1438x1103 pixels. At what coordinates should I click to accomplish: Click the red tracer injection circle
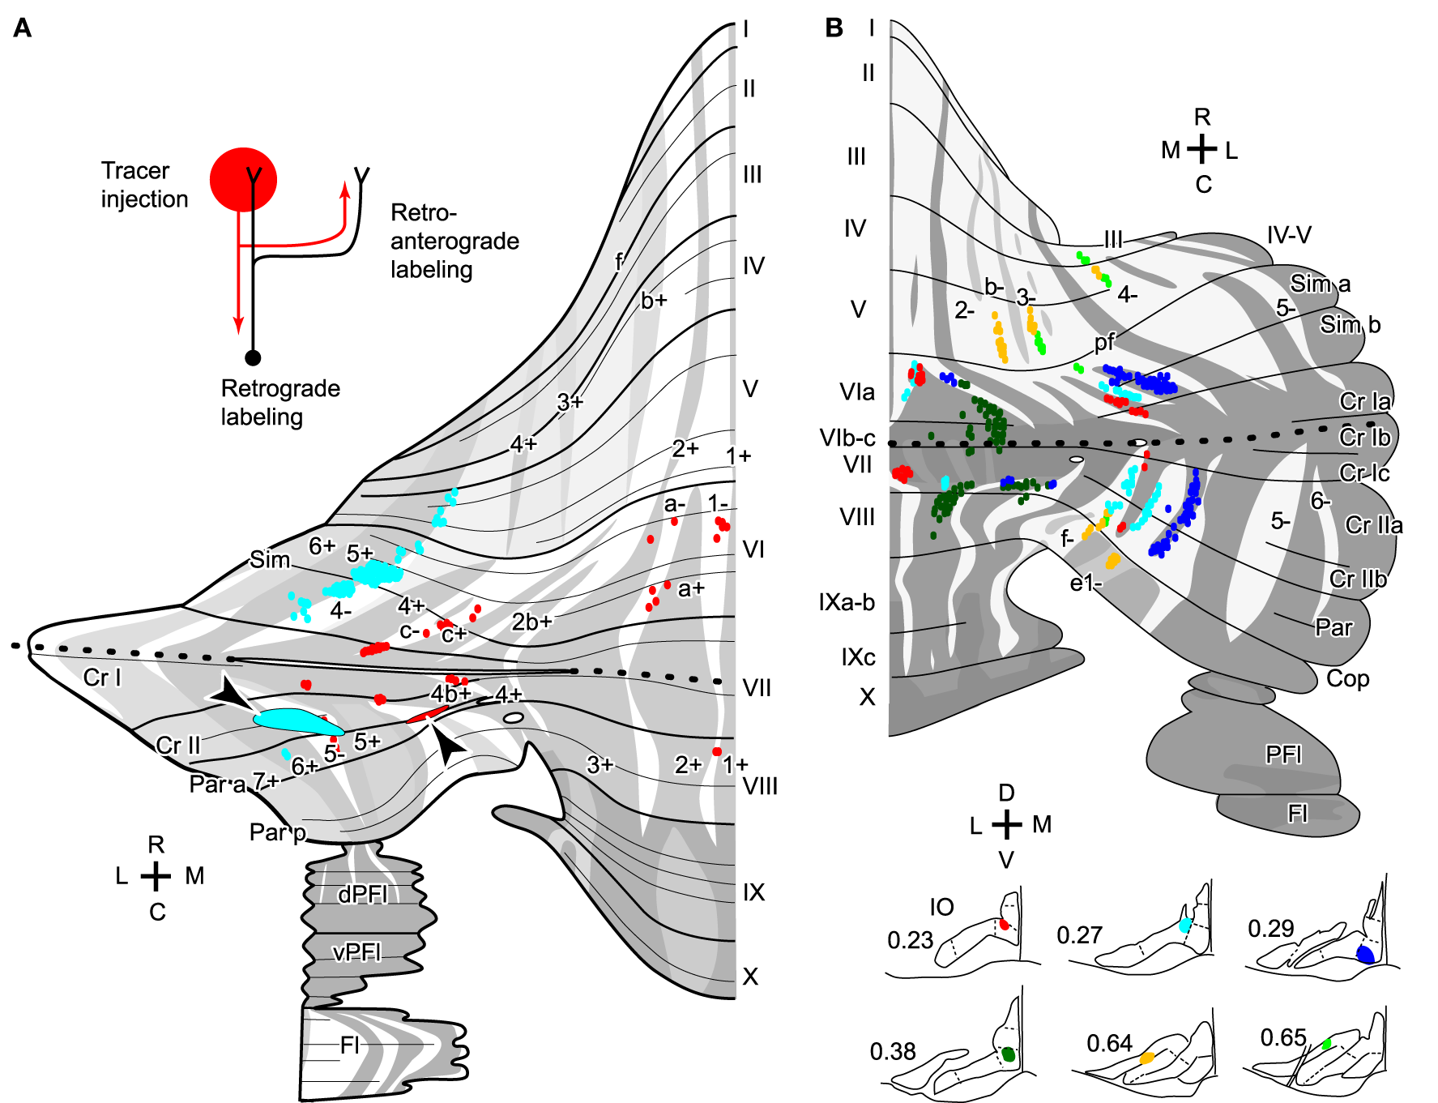click(243, 180)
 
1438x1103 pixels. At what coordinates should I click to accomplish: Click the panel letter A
click(23, 28)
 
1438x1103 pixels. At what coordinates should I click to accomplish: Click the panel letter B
click(834, 28)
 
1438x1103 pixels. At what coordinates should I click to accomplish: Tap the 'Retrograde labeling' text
click(280, 402)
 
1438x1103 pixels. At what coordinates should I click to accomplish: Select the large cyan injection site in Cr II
click(296, 720)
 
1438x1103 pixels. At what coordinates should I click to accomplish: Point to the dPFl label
click(363, 894)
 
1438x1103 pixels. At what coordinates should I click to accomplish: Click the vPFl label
click(357, 951)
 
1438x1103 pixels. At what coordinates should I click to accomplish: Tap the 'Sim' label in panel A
click(270, 560)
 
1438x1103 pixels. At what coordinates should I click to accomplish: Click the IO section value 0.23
click(910, 940)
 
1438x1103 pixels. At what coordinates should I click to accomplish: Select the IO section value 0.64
click(1109, 1043)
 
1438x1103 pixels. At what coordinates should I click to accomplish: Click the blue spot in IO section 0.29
click(1365, 954)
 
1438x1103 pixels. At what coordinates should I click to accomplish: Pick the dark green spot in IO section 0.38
click(1008, 1054)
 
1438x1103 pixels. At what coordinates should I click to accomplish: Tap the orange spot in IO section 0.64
click(1147, 1058)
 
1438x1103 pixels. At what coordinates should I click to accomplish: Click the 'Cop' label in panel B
click(1347, 678)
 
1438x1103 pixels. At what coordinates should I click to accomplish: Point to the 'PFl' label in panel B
click(1283, 755)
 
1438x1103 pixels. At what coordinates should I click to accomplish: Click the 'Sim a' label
click(1320, 284)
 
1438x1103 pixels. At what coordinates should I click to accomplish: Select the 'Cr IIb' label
click(1358, 579)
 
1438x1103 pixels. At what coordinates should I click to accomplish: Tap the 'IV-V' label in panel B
click(1288, 235)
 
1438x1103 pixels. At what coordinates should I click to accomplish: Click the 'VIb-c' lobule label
click(847, 438)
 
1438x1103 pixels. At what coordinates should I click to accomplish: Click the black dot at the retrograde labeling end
click(253, 357)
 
